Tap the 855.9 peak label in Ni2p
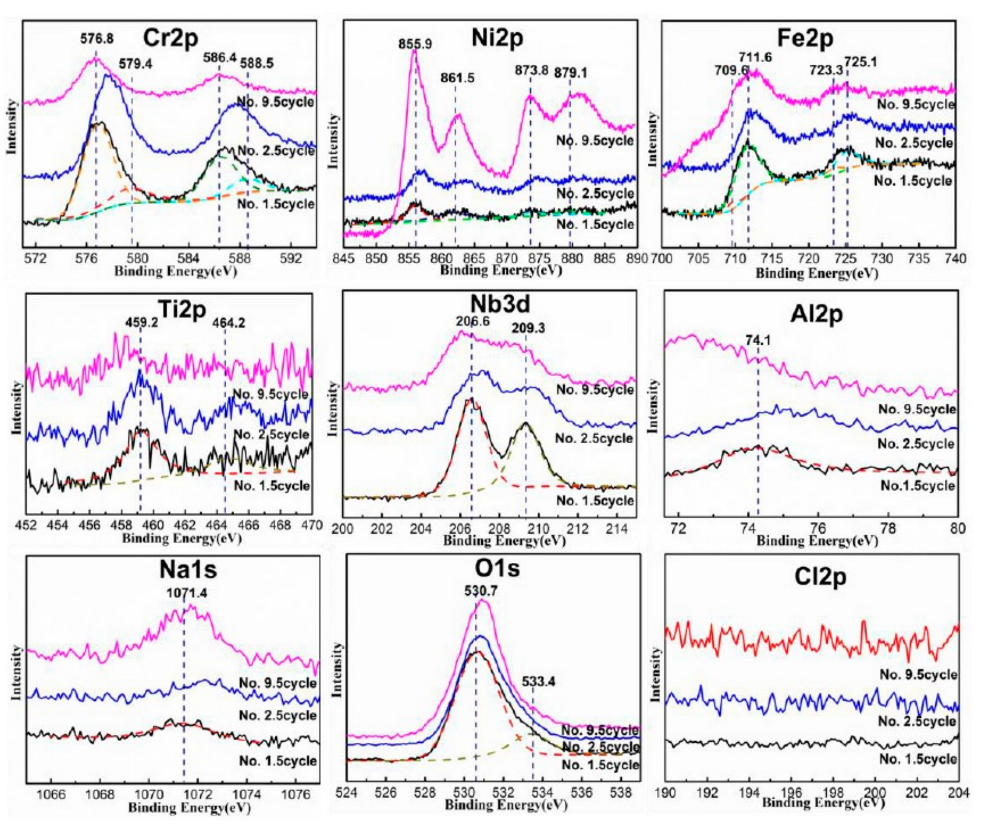click(x=415, y=44)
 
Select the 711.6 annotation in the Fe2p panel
click(x=755, y=57)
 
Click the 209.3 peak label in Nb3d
click(x=528, y=328)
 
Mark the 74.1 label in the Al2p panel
click(x=758, y=340)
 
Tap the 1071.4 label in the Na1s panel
click(x=186, y=593)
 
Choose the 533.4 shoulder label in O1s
click(x=538, y=682)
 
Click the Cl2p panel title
click(x=820, y=577)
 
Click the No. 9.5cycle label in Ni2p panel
click(x=595, y=140)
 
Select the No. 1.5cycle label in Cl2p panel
click(x=917, y=759)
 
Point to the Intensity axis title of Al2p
click(x=653, y=406)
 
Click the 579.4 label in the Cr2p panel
click(x=135, y=64)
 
